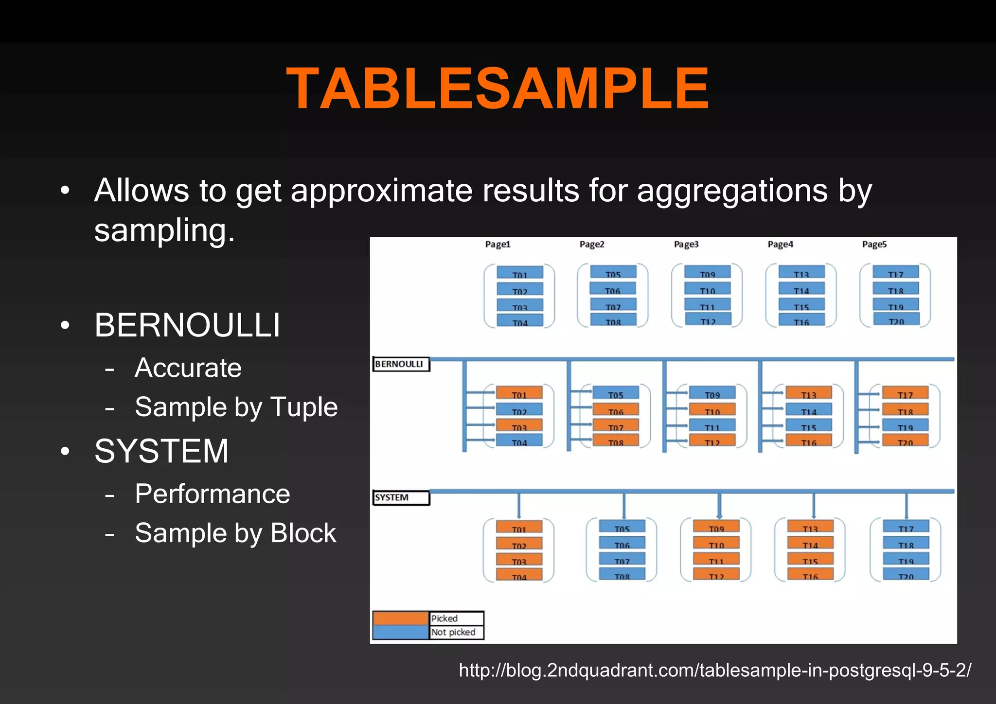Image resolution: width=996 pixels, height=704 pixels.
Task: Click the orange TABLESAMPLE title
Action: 498,88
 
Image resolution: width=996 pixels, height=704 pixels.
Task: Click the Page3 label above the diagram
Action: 686,244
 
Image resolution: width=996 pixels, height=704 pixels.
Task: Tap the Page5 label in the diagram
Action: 874,244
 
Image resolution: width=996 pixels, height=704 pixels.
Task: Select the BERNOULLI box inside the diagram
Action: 401,364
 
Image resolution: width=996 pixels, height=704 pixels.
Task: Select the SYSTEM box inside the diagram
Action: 401,497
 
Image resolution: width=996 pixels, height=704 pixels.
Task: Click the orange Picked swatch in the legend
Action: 400,618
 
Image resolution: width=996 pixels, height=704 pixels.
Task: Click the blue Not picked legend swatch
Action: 400,632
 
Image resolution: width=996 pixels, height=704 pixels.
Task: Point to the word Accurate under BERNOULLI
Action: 188,368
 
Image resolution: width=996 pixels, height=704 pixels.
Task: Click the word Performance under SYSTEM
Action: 212,494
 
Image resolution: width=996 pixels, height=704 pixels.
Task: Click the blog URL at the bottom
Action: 715,670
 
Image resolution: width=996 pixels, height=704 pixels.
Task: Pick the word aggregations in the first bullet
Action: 732,191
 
